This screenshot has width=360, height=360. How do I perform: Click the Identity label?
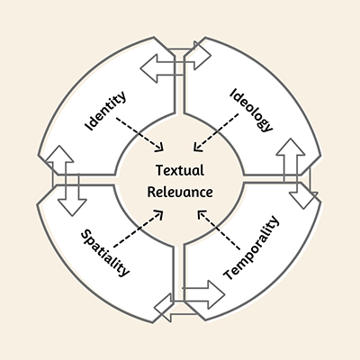105,110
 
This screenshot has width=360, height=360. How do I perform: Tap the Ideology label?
251,110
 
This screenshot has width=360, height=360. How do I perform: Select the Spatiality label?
105,253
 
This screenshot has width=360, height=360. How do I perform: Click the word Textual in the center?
180,170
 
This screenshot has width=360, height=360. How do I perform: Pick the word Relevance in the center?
180,192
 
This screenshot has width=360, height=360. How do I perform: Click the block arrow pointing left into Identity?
159,67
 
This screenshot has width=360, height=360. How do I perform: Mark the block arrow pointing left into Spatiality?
167,307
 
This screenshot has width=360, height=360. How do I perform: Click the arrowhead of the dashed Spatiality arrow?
160,213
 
